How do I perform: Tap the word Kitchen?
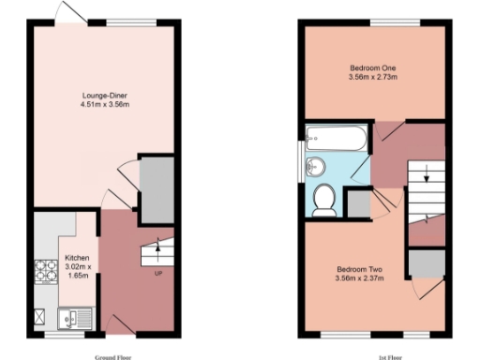coord(76,257)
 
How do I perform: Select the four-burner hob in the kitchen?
coord(44,272)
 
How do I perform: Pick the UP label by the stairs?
coord(158,274)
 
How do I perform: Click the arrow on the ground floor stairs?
coord(158,249)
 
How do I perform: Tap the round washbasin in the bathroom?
coord(316,167)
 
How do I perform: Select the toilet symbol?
coord(324,199)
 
